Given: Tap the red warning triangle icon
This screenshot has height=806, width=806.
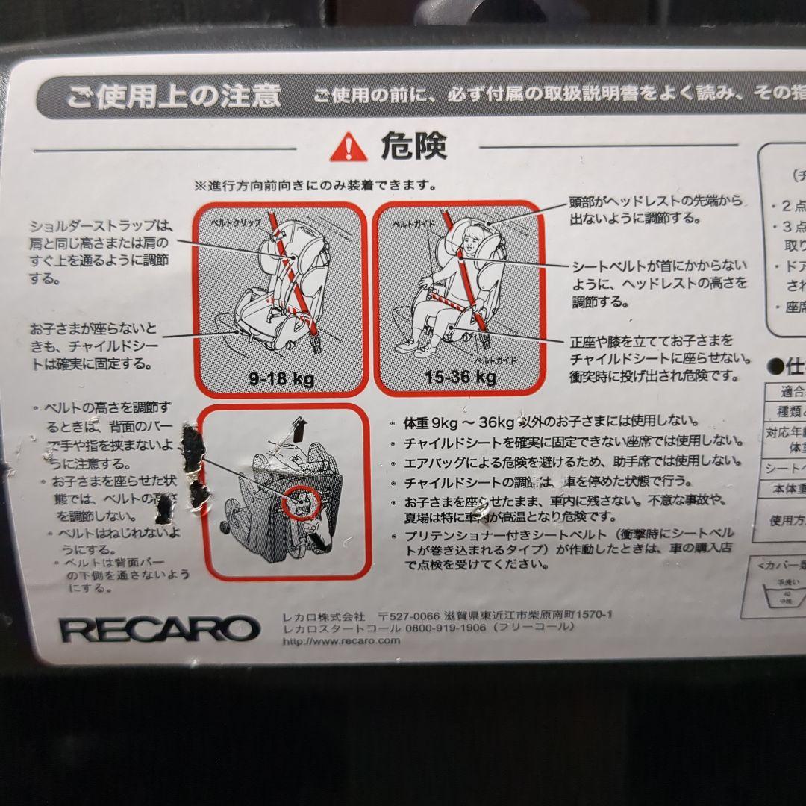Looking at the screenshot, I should (349, 147).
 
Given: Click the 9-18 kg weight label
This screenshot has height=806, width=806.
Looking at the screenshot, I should (281, 378).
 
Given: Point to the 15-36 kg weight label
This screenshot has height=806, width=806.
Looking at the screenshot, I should (460, 376).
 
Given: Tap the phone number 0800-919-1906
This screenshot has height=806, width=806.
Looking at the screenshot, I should (445, 628).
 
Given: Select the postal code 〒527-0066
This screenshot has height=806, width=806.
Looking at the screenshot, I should (409, 616).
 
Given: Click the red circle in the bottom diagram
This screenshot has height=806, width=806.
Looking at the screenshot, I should (302, 501).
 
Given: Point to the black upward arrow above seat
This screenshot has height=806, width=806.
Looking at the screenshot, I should (300, 430).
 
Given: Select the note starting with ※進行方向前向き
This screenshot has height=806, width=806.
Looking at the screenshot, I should (316, 184).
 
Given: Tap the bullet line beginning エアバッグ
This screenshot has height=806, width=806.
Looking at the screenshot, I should (572, 461).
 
